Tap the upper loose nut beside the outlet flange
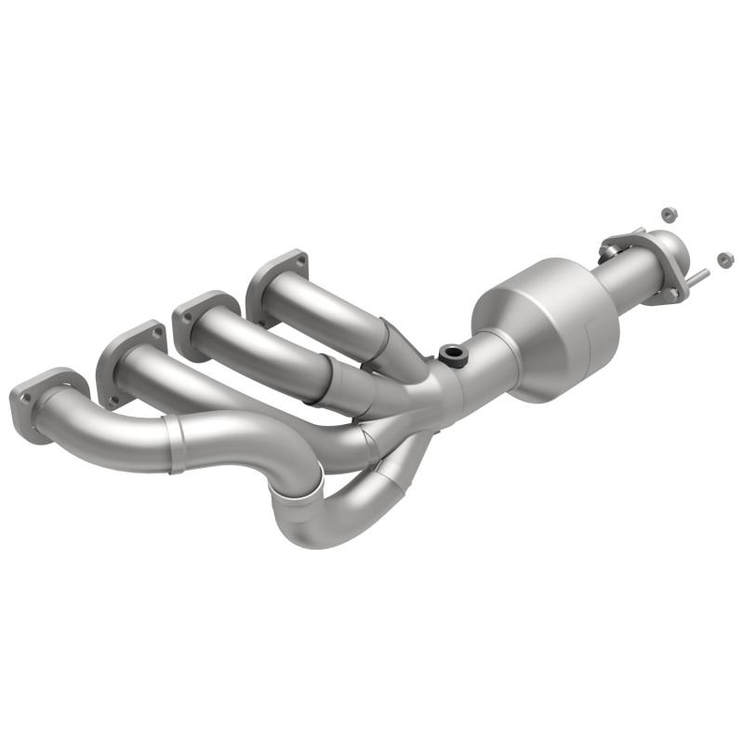point(666,214)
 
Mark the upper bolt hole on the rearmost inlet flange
point(297,258)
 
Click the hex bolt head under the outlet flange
point(671,296)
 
